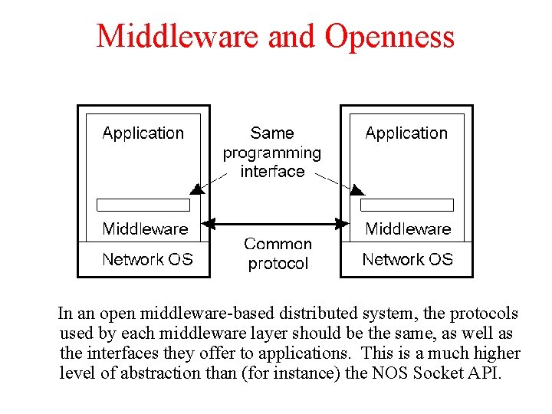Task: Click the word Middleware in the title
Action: tap(177, 36)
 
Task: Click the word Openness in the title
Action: tap(389, 36)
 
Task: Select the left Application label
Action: tap(143, 133)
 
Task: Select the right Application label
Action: tap(406, 133)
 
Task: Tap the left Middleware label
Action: tap(145, 228)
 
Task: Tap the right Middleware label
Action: tap(408, 228)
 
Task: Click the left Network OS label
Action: tap(147, 260)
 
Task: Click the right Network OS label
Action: tap(407, 260)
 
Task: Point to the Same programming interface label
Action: tap(272, 153)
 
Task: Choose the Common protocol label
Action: tap(278, 254)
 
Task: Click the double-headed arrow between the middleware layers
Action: tap(276, 225)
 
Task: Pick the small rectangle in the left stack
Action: tap(143, 205)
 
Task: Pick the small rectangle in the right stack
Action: tap(407, 205)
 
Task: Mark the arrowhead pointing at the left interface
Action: tap(196, 188)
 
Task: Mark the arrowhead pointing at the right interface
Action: tap(357, 188)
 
